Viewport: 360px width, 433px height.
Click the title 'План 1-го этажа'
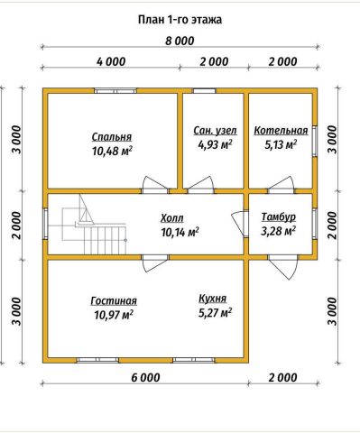click(x=180, y=20)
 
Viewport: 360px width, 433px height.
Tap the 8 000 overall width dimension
click(x=180, y=41)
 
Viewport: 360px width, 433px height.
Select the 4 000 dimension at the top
click(x=111, y=61)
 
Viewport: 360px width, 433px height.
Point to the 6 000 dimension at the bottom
click(x=145, y=377)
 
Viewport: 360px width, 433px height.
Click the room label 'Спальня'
click(x=112, y=137)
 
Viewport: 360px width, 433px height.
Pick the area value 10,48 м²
click(x=112, y=151)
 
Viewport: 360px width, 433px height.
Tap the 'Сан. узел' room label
click(x=215, y=131)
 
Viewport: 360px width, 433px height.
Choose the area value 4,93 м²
click(x=215, y=144)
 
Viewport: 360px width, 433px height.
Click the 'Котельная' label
click(x=281, y=131)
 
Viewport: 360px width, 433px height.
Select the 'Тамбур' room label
click(x=278, y=216)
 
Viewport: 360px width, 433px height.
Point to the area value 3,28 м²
click(x=278, y=231)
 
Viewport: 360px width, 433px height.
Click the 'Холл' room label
click(x=172, y=218)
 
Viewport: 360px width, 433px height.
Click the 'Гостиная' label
click(x=114, y=300)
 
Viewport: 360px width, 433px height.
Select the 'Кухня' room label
click(x=213, y=299)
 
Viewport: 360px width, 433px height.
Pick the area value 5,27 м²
click(x=215, y=313)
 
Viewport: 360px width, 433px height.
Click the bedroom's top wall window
click(x=115, y=90)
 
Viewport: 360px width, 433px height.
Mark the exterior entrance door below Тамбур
click(x=283, y=266)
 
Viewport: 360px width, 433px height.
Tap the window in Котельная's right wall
click(x=315, y=141)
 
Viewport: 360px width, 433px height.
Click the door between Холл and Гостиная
click(x=155, y=263)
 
